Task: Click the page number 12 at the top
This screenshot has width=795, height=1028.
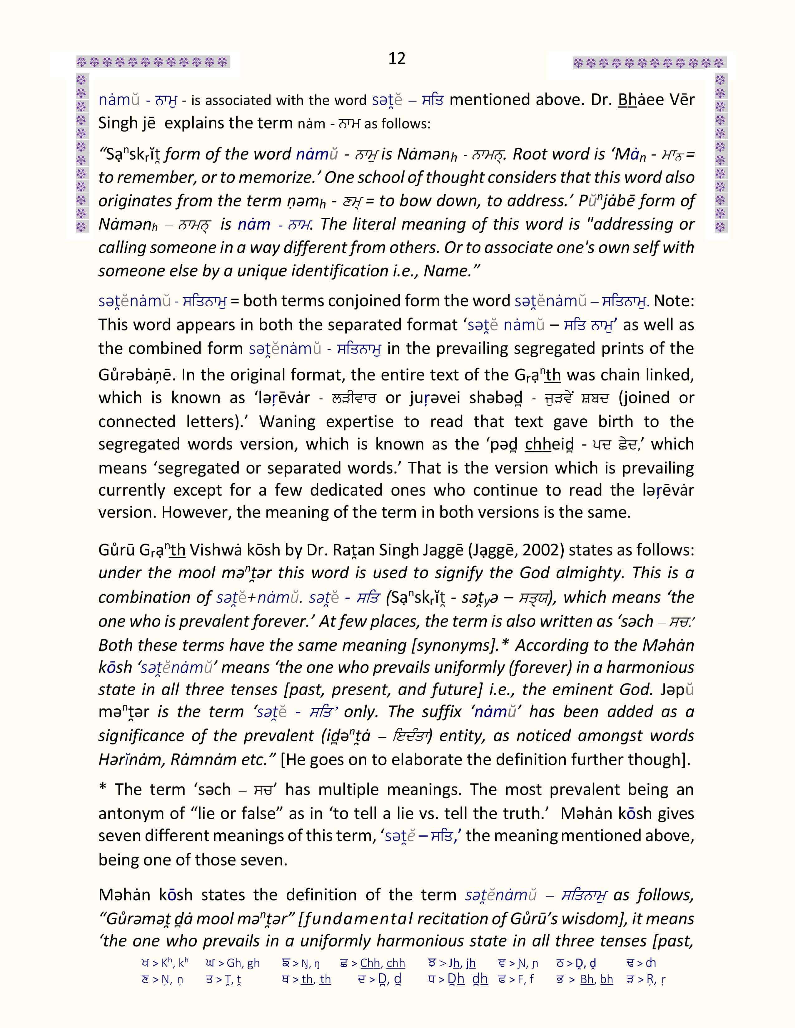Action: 397,58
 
